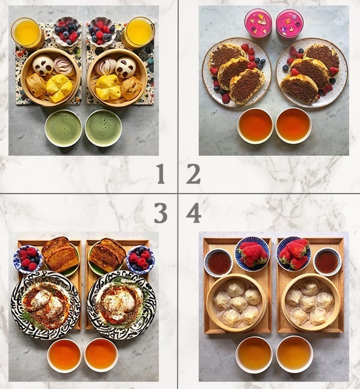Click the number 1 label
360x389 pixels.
(x=160, y=174)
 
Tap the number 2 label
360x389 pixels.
(x=193, y=174)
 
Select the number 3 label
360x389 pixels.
(x=160, y=213)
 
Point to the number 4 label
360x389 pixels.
(x=193, y=213)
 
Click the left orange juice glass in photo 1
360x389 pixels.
(x=26, y=32)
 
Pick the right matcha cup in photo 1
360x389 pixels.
(x=103, y=127)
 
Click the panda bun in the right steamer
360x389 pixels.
(x=126, y=66)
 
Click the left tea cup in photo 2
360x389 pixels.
(x=255, y=124)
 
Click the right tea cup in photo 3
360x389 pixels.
(x=101, y=355)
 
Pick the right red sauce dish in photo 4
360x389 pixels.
(x=327, y=262)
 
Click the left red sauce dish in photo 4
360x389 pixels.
(x=219, y=263)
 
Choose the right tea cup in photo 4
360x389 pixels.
(x=294, y=354)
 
